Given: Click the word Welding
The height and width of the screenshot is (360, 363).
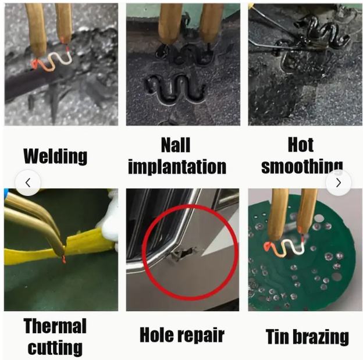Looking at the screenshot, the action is [55, 156].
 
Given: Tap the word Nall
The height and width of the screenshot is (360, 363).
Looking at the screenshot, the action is [176, 145].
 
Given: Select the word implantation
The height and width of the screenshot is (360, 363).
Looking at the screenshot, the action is [177, 167].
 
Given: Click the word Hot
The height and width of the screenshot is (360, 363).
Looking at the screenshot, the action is [301, 145].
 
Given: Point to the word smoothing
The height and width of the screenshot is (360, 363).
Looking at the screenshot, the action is [302, 166].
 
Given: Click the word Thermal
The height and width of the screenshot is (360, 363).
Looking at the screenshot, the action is [55, 326].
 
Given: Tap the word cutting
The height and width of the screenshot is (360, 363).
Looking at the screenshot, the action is [55, 348].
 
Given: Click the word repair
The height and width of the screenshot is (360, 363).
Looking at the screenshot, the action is [201, 336].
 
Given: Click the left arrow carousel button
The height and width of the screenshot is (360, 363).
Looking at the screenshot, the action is [28, 183].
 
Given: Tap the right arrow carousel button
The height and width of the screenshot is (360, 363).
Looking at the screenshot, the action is [339, 183].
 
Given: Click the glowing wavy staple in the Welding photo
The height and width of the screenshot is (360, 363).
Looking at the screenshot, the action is [52, 61].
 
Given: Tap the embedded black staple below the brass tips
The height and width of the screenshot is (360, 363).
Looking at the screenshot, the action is [174, 88].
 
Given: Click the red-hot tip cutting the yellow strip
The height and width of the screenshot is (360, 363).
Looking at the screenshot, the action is [63, 259].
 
